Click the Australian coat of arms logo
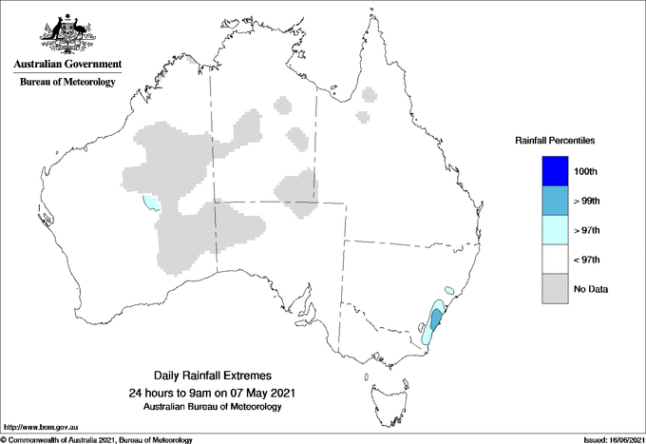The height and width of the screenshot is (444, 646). [66, 34]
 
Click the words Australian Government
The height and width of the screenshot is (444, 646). [66, 65]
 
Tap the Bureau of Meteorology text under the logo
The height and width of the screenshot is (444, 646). [66, 83]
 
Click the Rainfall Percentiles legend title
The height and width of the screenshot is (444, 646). [555, 140]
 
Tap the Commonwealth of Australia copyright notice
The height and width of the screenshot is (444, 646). [98, 439]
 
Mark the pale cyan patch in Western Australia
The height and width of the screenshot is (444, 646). [151, 202]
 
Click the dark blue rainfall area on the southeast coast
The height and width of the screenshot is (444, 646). [435, 318]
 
